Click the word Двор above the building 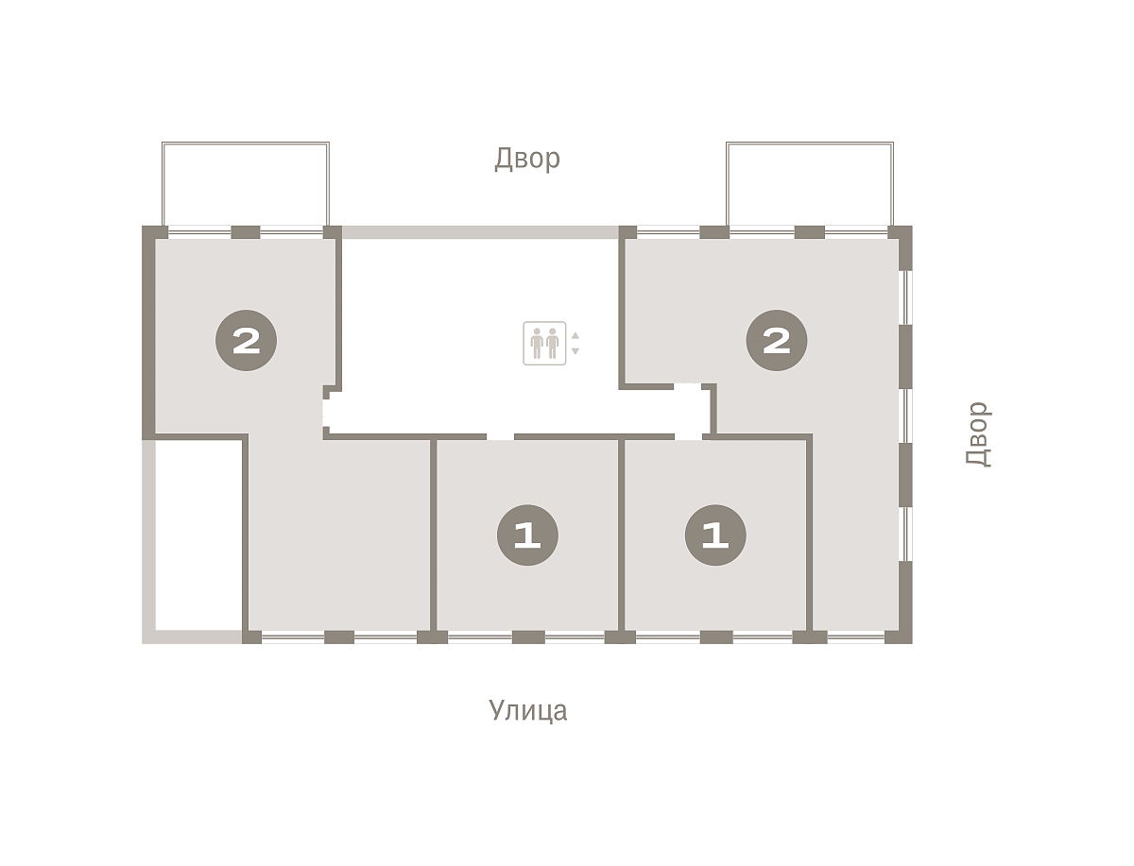[527, 159]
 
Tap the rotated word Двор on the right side [977, 434]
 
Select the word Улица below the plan [527, 710]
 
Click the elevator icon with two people [544, 343]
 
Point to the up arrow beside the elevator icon [575, 335]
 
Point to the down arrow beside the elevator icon [575, 351]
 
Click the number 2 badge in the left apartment [246, 341]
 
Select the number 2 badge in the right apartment [777, 341]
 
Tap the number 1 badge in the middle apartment [527, 535]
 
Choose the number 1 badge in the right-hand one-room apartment [715, 535]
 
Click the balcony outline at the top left [246, 143]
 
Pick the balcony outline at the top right [810, 143]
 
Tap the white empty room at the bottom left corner [198, 535]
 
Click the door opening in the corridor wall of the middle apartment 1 [500, 437]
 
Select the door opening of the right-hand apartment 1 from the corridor [688, 437]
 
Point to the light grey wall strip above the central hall [480, 232]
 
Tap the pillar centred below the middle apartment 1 [528, 637]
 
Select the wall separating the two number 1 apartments [622, 535]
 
